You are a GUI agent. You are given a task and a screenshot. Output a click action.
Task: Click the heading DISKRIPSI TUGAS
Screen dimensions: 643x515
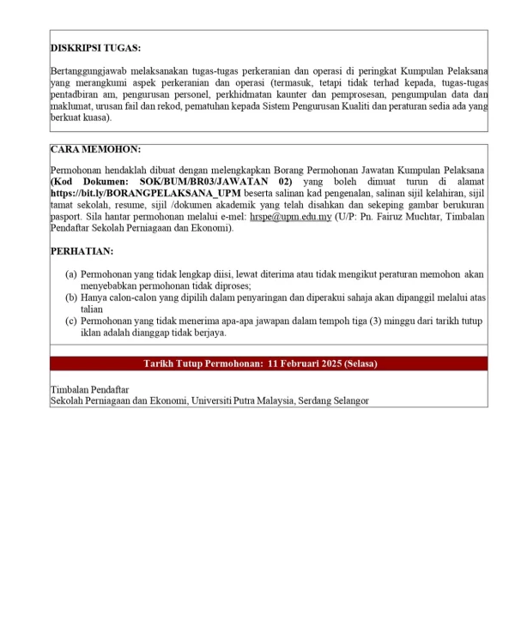[95, 48]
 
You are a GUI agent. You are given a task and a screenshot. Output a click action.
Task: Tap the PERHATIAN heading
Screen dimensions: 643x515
[82, 251]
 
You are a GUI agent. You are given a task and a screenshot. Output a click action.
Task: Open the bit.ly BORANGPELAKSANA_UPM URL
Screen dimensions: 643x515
[145, 195]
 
